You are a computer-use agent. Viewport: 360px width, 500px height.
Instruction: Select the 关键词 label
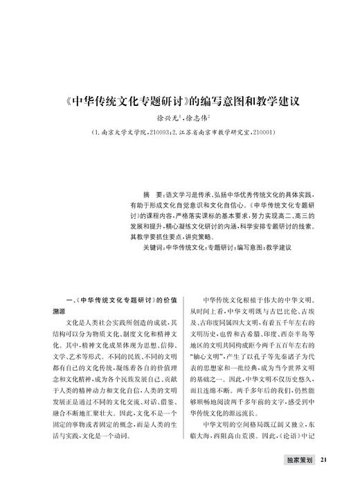(152, 247)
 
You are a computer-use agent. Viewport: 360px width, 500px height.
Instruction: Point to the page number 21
(325, 479)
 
